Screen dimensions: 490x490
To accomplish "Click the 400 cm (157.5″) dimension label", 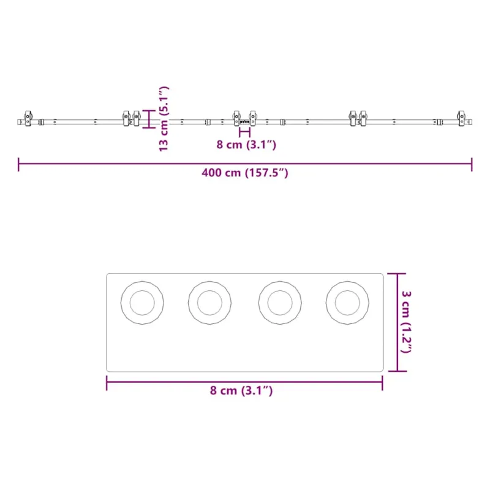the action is pos(244,173).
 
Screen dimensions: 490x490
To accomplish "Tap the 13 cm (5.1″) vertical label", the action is pos(164,119).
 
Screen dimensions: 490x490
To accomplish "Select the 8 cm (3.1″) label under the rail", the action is pos(246,145).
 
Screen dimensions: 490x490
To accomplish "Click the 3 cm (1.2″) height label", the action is pos(406,322).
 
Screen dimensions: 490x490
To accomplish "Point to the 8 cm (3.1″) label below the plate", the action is pos(241,390).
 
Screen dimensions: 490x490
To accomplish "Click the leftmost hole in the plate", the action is pos(142,303).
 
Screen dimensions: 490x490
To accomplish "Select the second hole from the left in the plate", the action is pos(209,303).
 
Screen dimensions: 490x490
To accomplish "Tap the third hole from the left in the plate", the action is pos(280,303).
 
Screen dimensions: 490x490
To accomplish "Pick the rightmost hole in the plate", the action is pos(347,303).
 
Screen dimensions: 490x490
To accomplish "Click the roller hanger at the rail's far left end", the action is pos(28,118).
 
